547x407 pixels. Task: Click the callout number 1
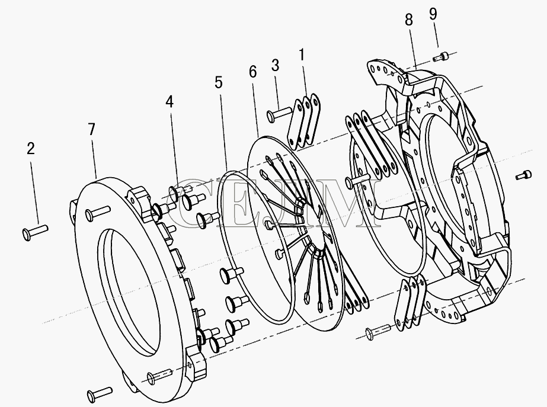coord(302,55)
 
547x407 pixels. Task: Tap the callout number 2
coord(31,149)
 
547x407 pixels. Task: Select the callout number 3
coord(275,65)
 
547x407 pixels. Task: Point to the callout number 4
coord(169,102)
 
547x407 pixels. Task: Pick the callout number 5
coord(218,83)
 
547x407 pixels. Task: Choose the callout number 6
coord(253,72)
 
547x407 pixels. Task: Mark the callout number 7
coord(91,129)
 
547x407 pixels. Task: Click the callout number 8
coord(409,20)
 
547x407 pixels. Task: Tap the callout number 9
coord(433,14)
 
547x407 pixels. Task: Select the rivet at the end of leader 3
coord(279,114)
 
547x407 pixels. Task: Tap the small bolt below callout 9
coord(440,56)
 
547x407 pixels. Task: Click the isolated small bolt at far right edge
coord(523,175)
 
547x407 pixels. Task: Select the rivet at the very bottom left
coord(100,392)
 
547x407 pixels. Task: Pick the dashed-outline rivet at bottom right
coord(378,331)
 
